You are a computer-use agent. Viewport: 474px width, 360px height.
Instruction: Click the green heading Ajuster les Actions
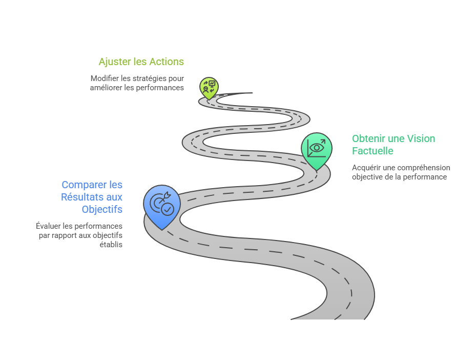(141, 62)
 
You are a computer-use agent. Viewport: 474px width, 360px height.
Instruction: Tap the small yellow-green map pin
(209, 88)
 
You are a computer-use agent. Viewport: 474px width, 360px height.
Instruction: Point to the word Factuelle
(373, 151)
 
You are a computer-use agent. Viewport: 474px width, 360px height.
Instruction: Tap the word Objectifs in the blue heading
(102, 209)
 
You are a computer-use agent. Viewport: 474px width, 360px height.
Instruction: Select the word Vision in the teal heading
(421, 138)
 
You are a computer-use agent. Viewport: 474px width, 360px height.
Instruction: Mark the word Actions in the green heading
(167, 62)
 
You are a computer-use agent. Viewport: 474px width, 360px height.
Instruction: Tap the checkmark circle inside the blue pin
(167, 209)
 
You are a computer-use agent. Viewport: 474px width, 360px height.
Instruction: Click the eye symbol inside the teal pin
(317, 148)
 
